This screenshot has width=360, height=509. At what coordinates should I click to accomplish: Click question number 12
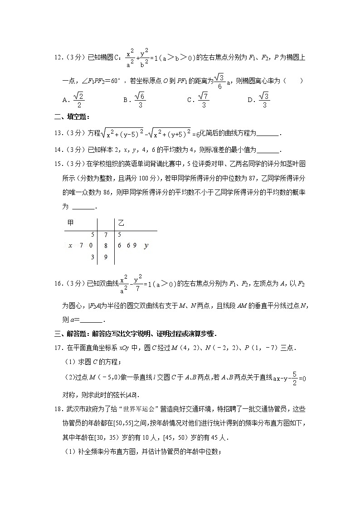click(x=58, y=58)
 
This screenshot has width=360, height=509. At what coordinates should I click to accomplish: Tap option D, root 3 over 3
click(x=259, y=100)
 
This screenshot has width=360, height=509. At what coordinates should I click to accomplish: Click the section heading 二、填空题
click(x=65, y=117)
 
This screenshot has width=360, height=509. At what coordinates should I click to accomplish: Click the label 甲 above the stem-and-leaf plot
click(x=70, y=223)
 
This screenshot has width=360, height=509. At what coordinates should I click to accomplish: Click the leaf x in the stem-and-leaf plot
click(x=70, y=246)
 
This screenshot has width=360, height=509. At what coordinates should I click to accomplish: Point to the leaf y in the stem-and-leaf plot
click(x=146, y=246)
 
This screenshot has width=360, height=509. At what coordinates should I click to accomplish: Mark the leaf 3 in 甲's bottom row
click(x=92, y=257)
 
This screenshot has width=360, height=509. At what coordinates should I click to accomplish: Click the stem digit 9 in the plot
click(x=106, y=257)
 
